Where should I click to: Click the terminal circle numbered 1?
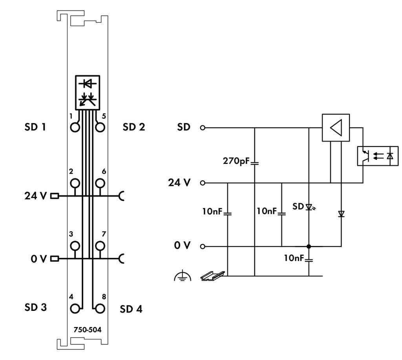[75, 127]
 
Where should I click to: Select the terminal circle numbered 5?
[100, 127]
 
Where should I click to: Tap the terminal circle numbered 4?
[75, 308]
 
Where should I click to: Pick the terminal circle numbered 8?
[100, 308]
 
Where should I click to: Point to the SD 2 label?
[133, 127]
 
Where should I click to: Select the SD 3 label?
[36, 307]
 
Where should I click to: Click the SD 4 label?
[131, 309]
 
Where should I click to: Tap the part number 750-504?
[87, 329]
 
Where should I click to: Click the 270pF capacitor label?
[236, 161]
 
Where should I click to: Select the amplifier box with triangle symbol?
[336, 128]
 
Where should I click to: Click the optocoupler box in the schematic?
[377, 156]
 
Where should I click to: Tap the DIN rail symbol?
[212, 276]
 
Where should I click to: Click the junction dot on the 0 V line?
[309, 246]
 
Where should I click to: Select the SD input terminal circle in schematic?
[203, 128]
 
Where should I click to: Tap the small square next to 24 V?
[55, 195]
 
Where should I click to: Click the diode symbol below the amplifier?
[341, 214]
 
